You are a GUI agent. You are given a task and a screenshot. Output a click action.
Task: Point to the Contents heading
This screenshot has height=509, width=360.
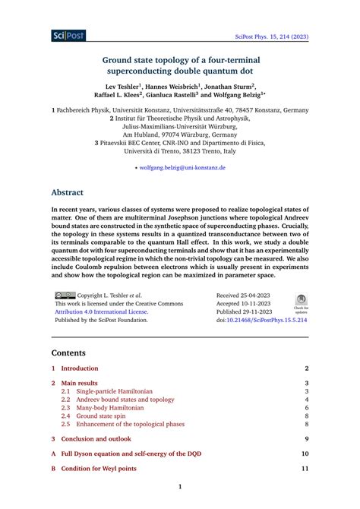[x=69, y=353]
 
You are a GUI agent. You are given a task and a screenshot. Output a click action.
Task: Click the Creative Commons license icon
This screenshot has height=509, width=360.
[x=65, y=295]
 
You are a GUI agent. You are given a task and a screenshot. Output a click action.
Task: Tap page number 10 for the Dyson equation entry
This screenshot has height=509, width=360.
[x=305, y=454]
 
